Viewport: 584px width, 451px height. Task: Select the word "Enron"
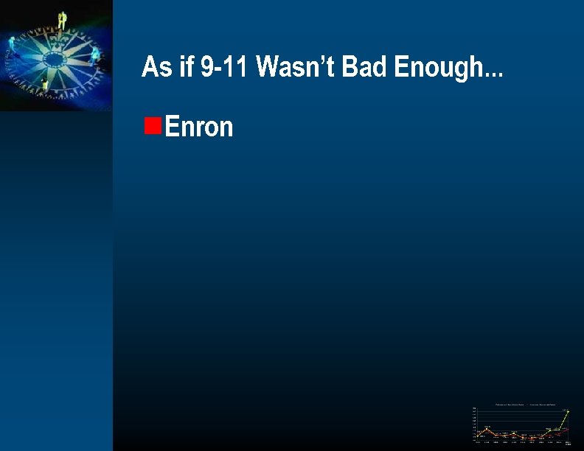199,127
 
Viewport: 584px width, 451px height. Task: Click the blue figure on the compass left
13,46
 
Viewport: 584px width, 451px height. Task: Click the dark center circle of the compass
53,58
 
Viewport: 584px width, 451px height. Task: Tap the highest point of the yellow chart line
568,411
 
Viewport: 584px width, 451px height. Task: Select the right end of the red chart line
568,428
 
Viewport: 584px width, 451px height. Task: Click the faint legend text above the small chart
520,405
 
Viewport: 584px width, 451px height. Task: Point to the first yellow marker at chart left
478,436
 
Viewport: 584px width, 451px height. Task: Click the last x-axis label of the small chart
568,443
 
